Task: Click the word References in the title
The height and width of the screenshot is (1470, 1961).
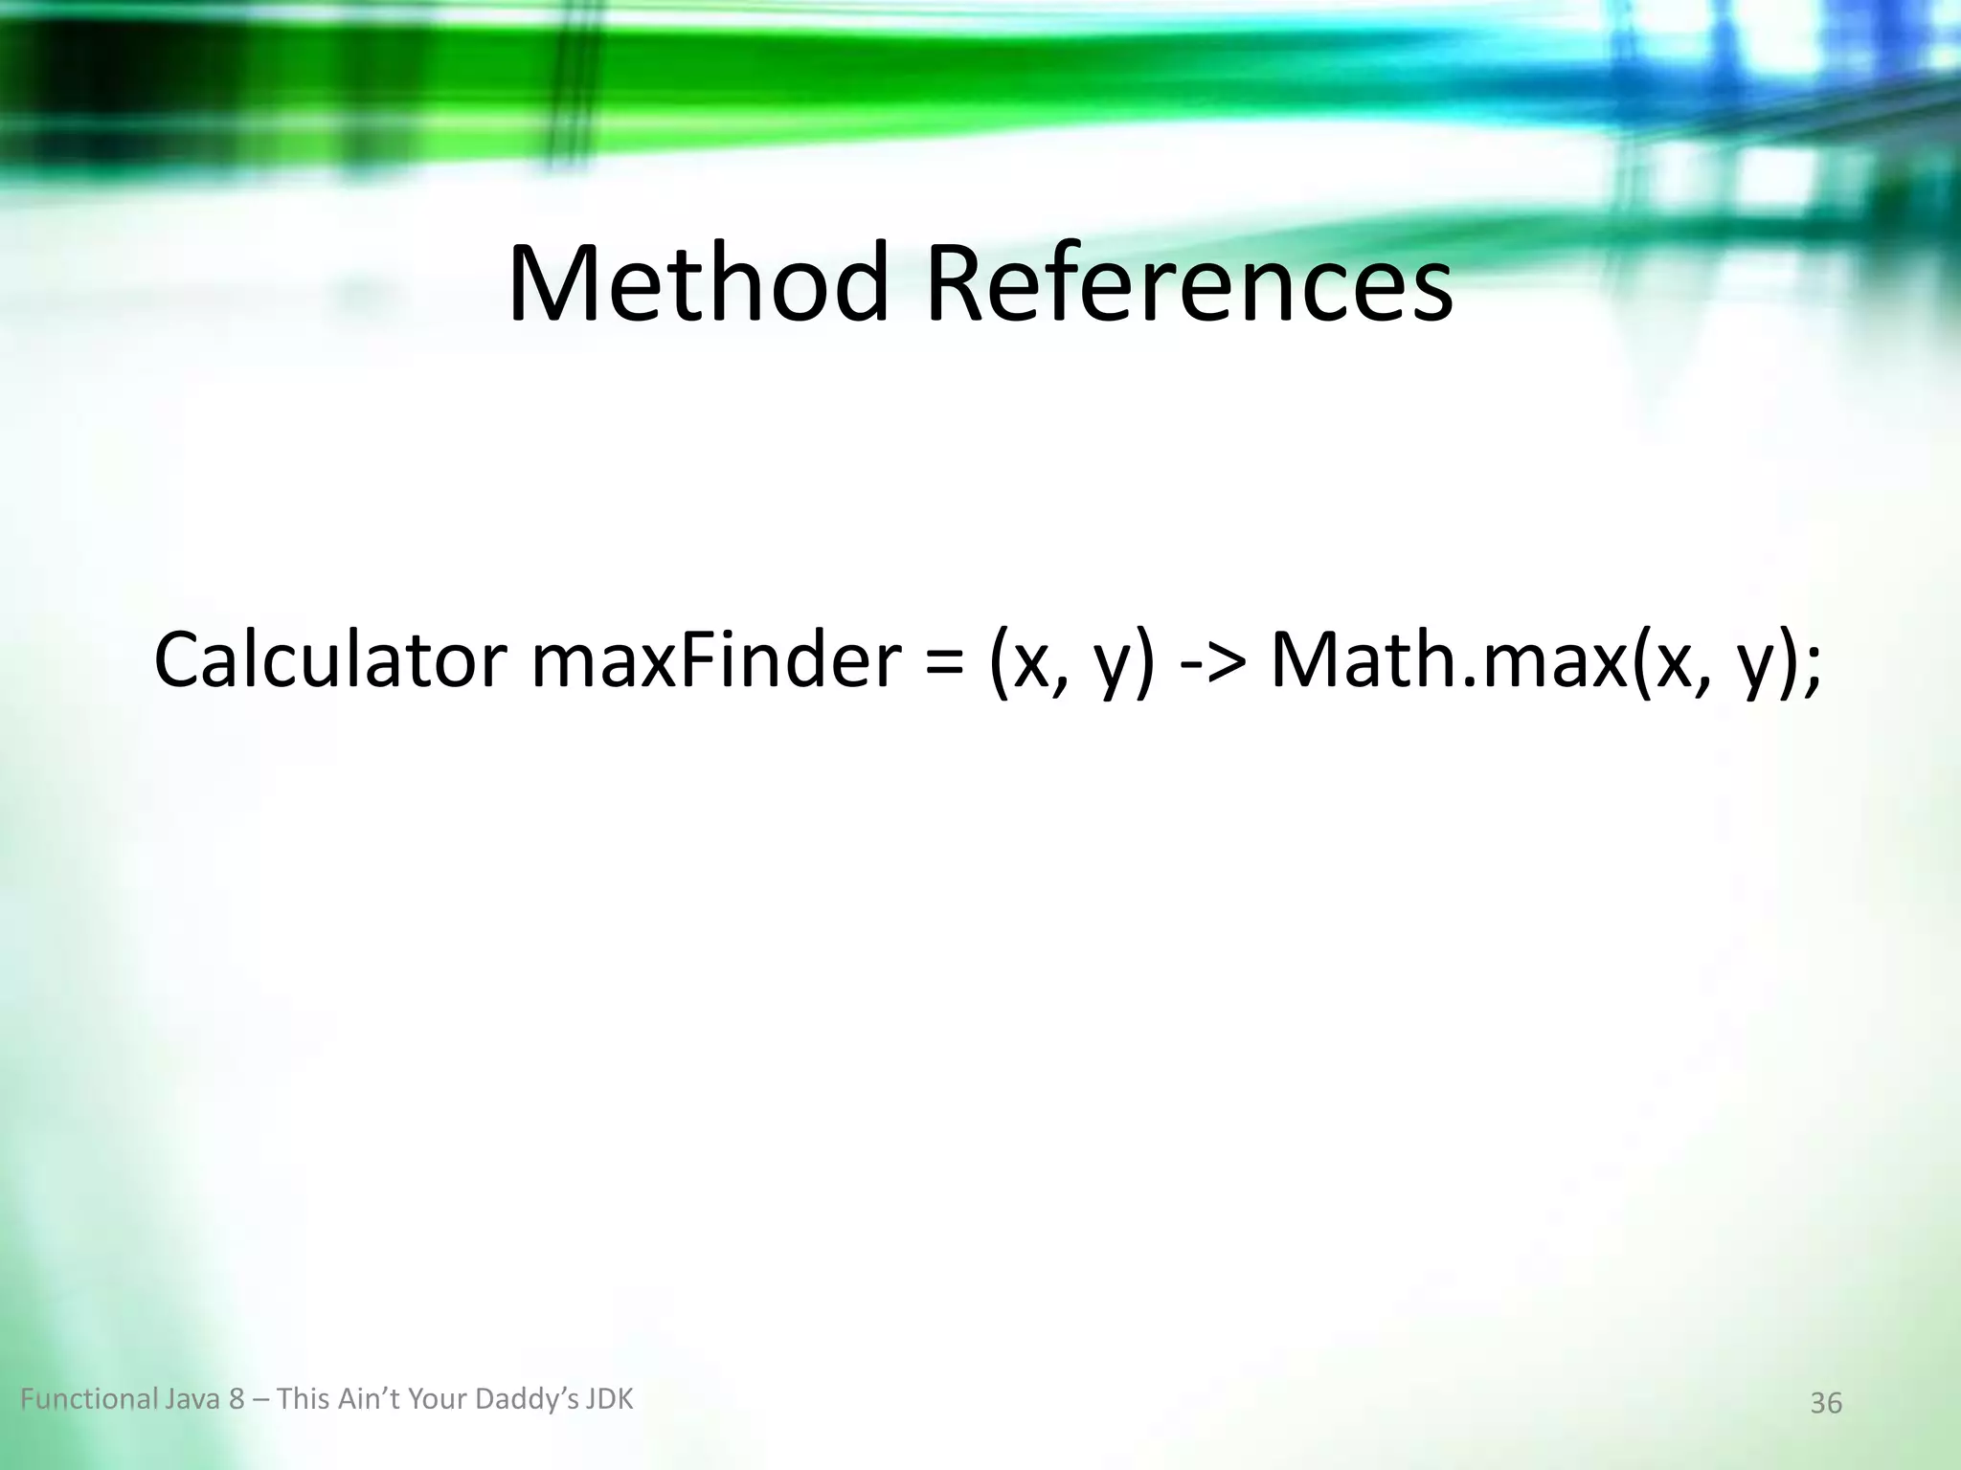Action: (1188, 285)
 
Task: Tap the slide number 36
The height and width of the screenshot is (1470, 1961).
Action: (1826, 1403)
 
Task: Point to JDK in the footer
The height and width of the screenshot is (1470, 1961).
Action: (609, 1400)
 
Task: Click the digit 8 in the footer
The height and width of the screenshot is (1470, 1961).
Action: (237, 1400)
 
